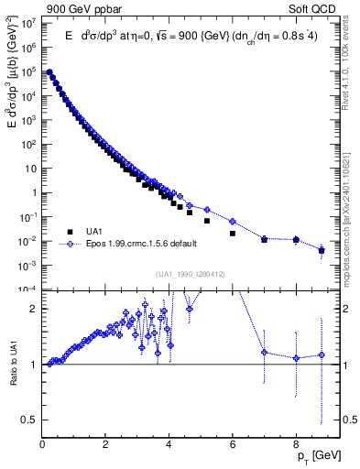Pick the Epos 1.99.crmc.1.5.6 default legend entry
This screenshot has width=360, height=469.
[x=138, y=245]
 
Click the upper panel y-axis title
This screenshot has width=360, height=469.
[x=12, y=96]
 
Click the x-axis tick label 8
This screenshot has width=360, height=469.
[x=296, y=437]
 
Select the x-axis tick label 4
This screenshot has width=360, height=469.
[x=169, y=437]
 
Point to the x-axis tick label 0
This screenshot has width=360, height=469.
[x=43, y=437]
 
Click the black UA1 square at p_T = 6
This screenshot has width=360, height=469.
[x=233, y=234]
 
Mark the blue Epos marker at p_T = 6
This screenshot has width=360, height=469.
[x=233, y=222]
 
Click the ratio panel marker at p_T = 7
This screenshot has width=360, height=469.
[x=264, y=352]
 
